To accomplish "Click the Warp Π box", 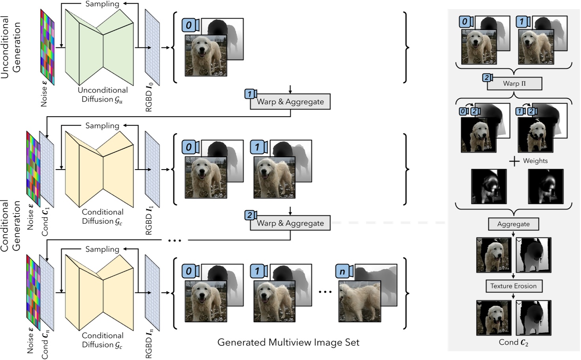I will click(x=514, y=84).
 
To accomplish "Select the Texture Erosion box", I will click(x=513, y=286).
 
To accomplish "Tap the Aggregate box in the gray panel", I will click(x=513, y=224).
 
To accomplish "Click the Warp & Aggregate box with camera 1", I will click(x=290, y=102).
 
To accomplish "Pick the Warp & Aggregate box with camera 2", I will click(x=290, y=223).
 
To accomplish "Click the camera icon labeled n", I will click(x=344, y=271).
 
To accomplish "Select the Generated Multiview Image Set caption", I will click(x=288, y=342).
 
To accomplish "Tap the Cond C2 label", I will click(x=513, y=343).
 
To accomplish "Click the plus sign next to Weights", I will click(x=514, y=161).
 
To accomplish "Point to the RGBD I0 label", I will click(x=149, y=97).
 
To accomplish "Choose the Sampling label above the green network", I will click(x=102, y=4).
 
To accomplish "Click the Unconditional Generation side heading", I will click(x=10, y=47).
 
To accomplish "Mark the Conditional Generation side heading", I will click(x=10, y=225).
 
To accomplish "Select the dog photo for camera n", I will click(x=359, y=301).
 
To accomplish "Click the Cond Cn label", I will click(x=45, y=344).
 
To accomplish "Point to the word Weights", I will click(x=535, y=161).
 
